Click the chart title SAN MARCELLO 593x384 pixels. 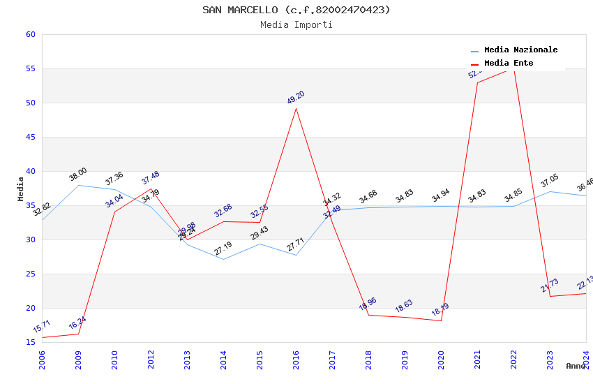(296, 10)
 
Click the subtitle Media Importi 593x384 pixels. (296, 24)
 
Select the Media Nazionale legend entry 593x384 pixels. (520, 50)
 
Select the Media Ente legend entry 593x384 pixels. (509, 64)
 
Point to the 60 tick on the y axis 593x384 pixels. (30, 34)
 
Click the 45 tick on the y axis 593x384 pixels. (30, 137)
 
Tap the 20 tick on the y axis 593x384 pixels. (30, 308)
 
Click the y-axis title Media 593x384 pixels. (21, 189)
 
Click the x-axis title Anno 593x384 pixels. (576, 366)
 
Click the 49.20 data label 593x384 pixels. (296, 97)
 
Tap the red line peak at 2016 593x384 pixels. (296, 108)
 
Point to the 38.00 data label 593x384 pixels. (77, 175)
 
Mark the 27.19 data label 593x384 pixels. (223, 248)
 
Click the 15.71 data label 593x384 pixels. (42, 326)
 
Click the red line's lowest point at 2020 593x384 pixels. (441, 320)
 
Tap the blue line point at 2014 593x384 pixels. (223, 259)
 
